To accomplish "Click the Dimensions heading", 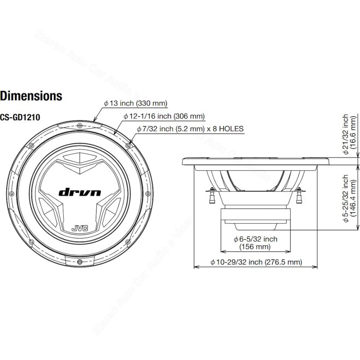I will tap(31, 96).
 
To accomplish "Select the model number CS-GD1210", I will tap(20, 117).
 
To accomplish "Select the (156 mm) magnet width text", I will tap(255, 247).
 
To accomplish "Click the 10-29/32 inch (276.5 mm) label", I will tap(256, 262).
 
